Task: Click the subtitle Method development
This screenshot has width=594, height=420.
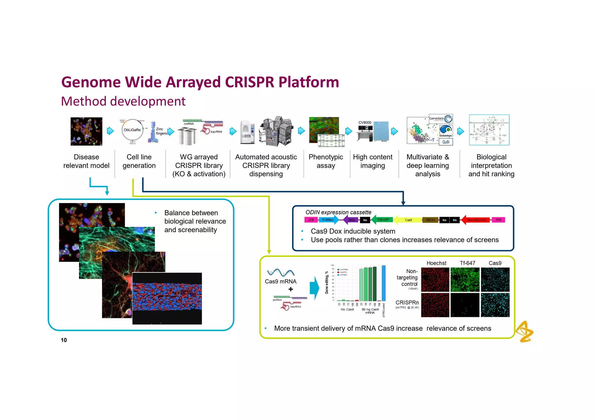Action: pos(123,101)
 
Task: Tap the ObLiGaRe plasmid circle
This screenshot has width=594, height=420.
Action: pos(132,130)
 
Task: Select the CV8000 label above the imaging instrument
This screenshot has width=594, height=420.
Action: pos(365,122)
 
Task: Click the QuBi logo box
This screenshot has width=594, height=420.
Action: pos(446,142)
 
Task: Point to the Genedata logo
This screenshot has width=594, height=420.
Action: pos(441,119)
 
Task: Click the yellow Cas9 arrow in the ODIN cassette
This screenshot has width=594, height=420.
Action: pos(408,220)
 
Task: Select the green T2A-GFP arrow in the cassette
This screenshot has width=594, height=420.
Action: pos(382,220)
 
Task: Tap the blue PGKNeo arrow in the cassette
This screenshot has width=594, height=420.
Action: pos(328,220)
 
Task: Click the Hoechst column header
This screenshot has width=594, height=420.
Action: pos(436,263)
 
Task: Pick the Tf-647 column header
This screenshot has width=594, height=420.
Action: pos(467,263)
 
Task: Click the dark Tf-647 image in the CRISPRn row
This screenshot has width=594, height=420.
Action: pos(465,305)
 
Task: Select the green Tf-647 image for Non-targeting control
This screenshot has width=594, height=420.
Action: pos(465,280)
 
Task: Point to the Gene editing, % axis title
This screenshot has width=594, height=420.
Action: pos(327,283)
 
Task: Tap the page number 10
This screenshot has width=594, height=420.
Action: pos(64,340)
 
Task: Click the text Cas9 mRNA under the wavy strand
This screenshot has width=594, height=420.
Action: pos(280,281)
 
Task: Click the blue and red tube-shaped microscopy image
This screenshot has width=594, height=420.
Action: pos(167,298)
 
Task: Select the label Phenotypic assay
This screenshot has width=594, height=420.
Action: pos(326,161)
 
